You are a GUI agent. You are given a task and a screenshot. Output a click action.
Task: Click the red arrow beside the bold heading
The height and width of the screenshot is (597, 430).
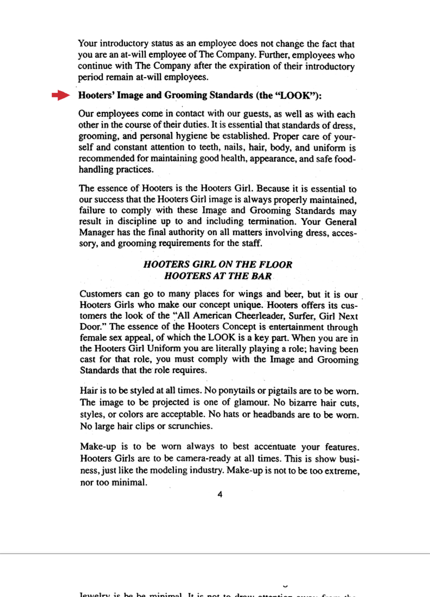[61, 95]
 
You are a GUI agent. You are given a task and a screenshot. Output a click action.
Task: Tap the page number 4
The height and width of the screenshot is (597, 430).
[220, 494]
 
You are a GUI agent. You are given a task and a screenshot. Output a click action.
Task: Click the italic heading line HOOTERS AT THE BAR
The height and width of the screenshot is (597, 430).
[218, 276]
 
